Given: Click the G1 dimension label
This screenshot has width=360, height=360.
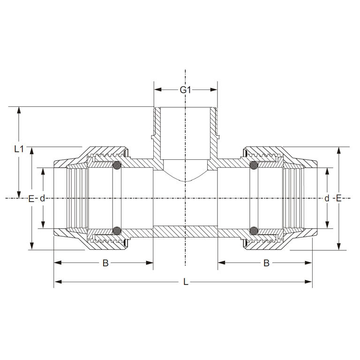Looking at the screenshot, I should [186, 90].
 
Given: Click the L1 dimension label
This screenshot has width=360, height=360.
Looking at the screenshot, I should [19, 149].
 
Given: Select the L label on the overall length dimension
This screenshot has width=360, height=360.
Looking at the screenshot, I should [186, 282].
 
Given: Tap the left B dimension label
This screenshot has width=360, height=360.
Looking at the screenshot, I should [105, 263].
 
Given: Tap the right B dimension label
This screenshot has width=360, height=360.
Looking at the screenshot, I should [266, 263].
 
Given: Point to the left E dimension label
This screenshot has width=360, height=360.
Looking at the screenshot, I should [31, 199].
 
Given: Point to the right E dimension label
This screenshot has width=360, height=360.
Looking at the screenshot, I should [338, 198].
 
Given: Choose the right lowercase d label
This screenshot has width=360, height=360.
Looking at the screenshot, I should [327, 198].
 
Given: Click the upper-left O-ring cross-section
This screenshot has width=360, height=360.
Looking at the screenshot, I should [117, 165].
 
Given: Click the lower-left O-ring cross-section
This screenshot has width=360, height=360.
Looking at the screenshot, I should [117, 231].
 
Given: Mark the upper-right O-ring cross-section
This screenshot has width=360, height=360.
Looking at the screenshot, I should [254, 165].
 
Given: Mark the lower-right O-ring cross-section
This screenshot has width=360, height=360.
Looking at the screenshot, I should [254, 231].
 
